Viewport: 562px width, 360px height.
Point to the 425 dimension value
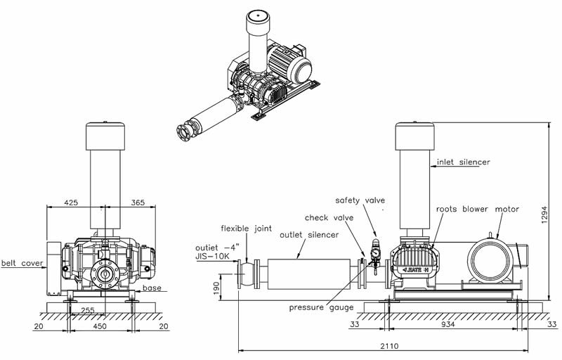pos(72,202)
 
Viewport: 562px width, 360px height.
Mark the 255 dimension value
pos(87,310)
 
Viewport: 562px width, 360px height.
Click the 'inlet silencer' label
pos(463,162)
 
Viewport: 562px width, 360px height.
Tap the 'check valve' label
pos(329,218)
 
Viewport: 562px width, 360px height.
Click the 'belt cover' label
pos(21,264)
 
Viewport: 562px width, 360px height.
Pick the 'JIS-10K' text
pos(213,257)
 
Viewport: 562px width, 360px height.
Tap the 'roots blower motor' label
pos(477,209)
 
